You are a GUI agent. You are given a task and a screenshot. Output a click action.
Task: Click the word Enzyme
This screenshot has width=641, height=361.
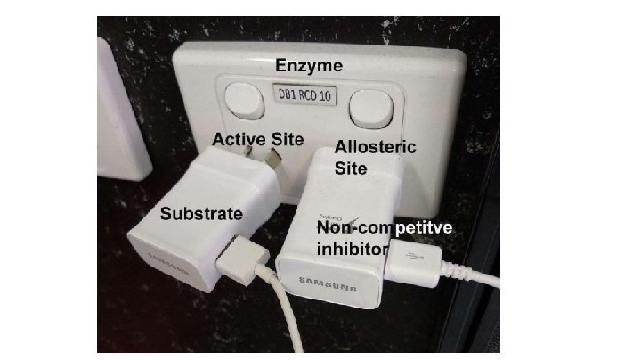coord(309,66)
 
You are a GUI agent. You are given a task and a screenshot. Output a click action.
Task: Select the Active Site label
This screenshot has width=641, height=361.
coord(257,139)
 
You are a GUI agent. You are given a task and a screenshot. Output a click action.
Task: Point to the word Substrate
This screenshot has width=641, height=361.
coord(201,214)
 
